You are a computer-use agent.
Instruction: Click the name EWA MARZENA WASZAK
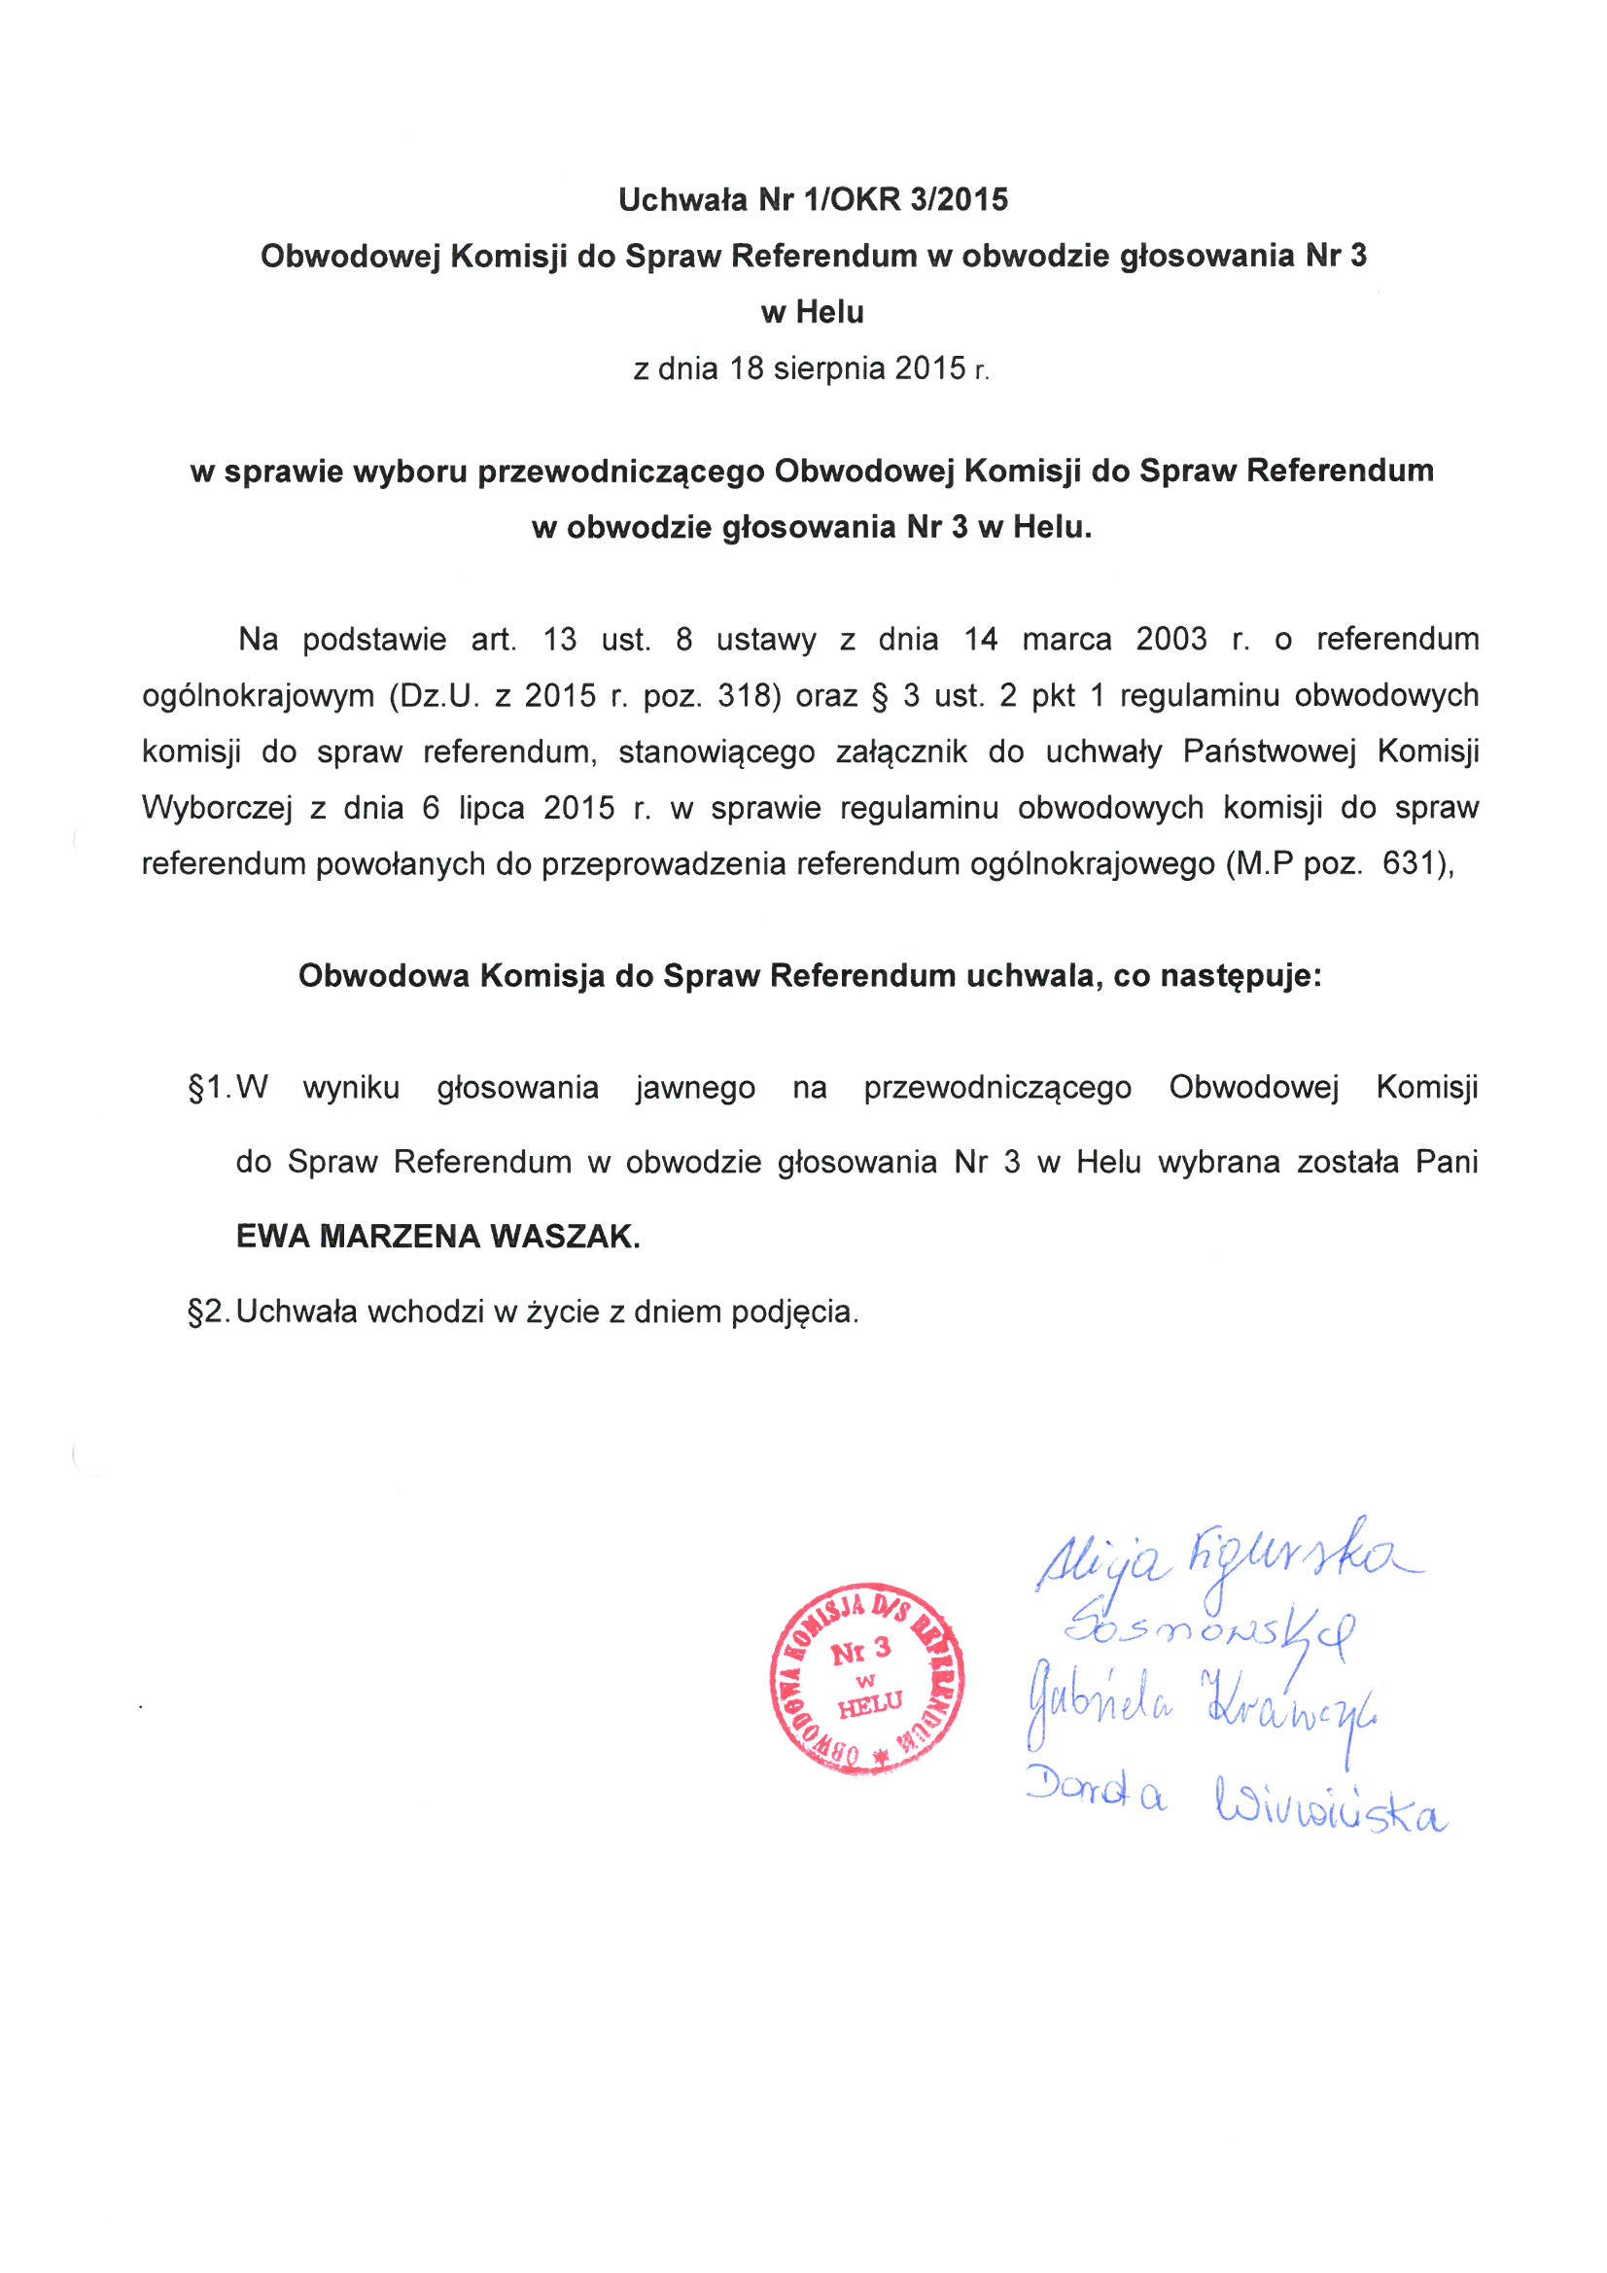point(437,1237)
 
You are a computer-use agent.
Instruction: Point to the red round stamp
point(867,1677)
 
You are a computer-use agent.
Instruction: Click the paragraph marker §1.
point(208,1088)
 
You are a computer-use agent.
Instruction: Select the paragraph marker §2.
point(208,1312)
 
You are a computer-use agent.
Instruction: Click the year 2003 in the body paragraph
point(1170,640)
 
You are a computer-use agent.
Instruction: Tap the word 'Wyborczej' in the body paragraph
point(217,809)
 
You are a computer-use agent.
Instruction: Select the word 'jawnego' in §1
point(695,1088)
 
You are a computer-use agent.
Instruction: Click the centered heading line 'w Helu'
point(812,313)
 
